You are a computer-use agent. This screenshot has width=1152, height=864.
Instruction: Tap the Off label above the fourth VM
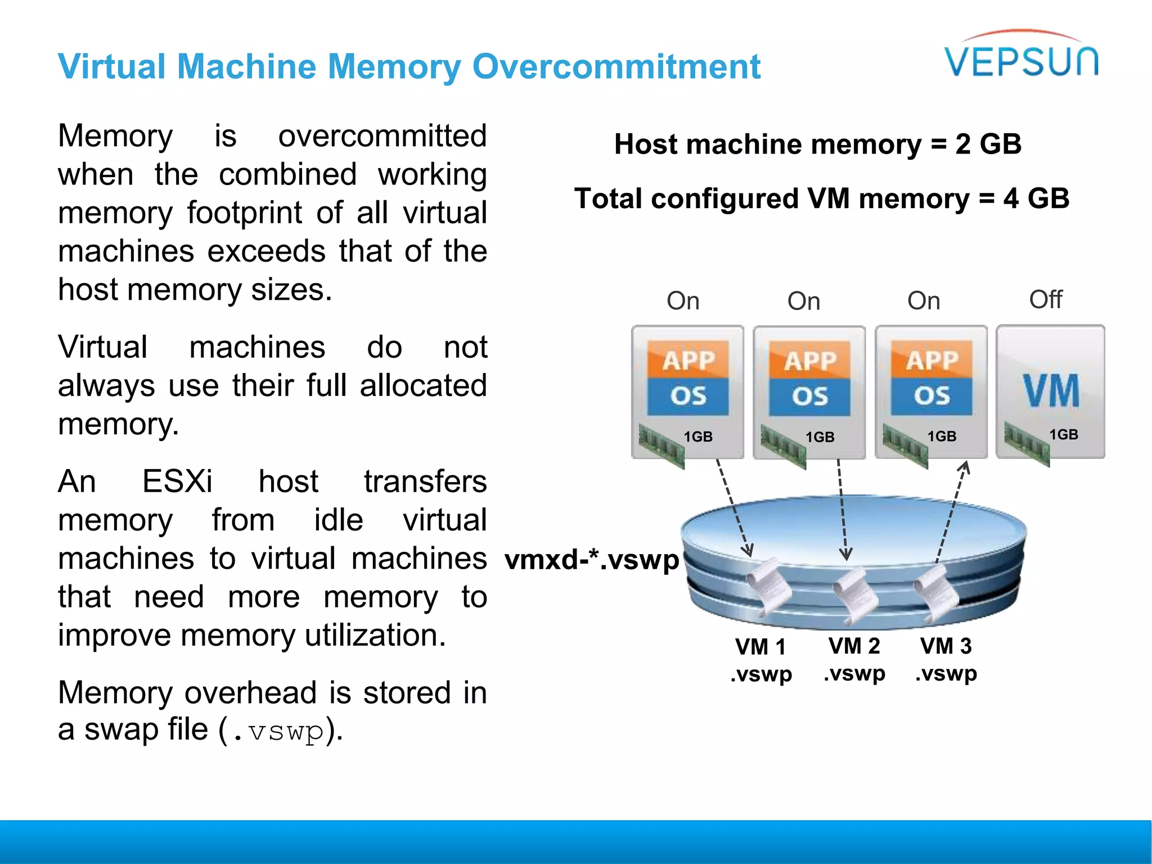coord(1045,299)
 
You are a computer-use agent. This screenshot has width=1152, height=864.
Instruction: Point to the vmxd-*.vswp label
coord(592,560)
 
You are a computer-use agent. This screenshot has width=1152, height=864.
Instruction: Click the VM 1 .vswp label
coord(760,660)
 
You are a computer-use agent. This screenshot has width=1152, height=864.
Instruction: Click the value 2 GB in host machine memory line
coord(988,144)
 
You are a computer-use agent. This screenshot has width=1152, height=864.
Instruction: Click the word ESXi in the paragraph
coord(177,481)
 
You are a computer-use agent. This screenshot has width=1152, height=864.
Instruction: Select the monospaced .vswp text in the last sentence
coord(278,731)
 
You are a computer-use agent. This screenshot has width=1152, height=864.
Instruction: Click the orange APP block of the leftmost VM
coord(688,360)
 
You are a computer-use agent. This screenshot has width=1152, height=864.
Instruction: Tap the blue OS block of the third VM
coord(931,396)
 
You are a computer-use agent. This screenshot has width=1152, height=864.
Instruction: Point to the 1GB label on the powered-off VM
coord(1064,434)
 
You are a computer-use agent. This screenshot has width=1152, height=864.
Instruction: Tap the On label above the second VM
coord(804,301)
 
